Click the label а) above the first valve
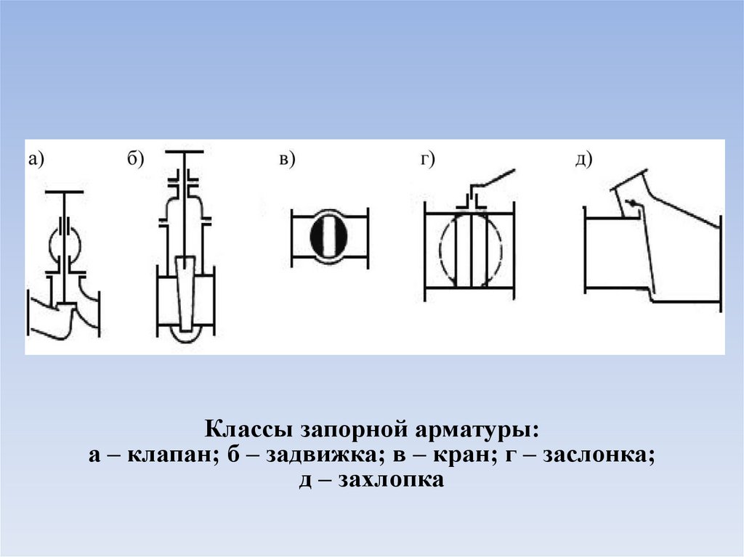click(x=36, y=160)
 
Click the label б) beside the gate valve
click(x=134, y=160)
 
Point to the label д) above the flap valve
click(x=584, y=160)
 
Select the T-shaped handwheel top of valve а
click(x=65, y=192)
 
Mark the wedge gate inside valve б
click(x=185, y=290)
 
